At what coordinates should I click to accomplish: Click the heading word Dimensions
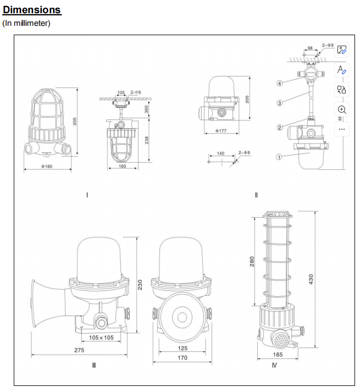pos(32,10)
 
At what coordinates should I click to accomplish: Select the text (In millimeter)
pos(26,23)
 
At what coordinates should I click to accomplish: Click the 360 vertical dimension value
pos(146,109)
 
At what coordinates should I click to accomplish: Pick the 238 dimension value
pos(146,141)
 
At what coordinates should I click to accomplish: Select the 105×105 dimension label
pos(101,338)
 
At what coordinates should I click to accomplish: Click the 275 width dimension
pos(79,349)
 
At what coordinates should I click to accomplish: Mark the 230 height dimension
pos(140,284)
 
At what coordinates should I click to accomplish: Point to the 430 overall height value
pos(312,279)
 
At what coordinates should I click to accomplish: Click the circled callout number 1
pos(279,156)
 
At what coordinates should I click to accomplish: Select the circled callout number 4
pos(279,84)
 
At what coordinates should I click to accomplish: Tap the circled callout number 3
pos(279,102)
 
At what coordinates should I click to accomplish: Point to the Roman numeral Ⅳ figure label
pos(274,366)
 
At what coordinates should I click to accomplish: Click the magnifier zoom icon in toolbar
pos(341,109)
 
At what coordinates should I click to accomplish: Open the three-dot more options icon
pos(341,129)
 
